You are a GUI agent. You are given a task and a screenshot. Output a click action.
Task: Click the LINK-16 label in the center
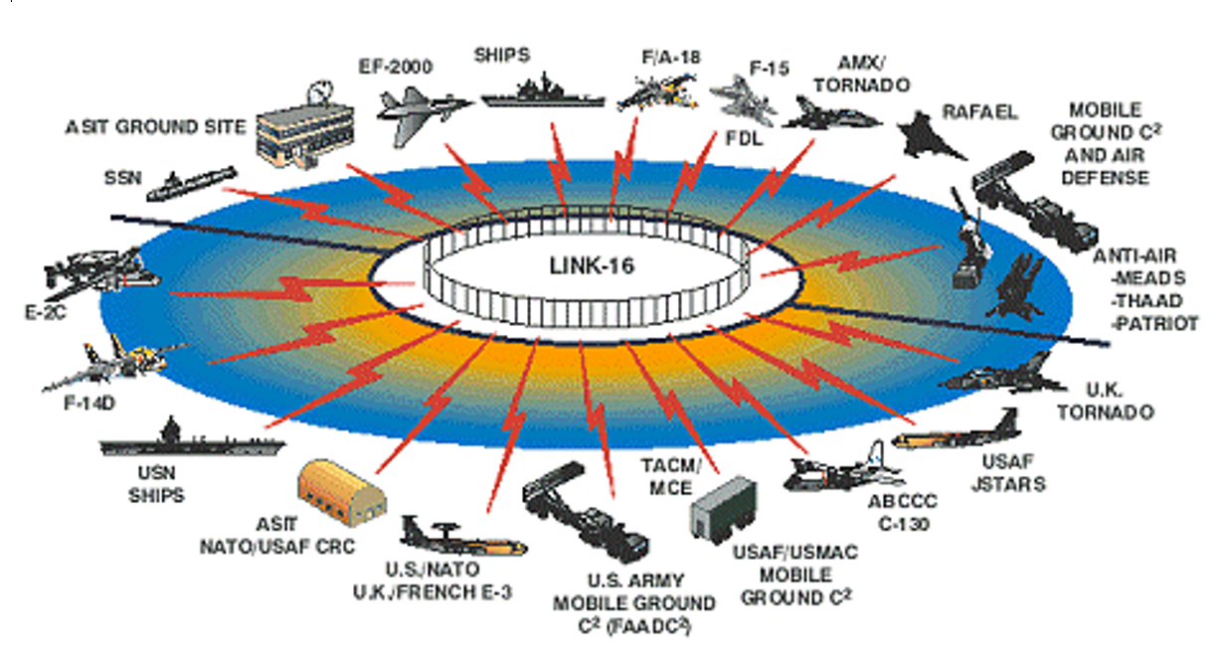point(593,266)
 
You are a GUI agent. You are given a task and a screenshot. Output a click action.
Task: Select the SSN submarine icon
point(189,182)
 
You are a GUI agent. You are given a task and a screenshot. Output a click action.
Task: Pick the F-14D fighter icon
point(114,363)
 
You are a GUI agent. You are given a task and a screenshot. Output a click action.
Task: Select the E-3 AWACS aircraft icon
point(462,537)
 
